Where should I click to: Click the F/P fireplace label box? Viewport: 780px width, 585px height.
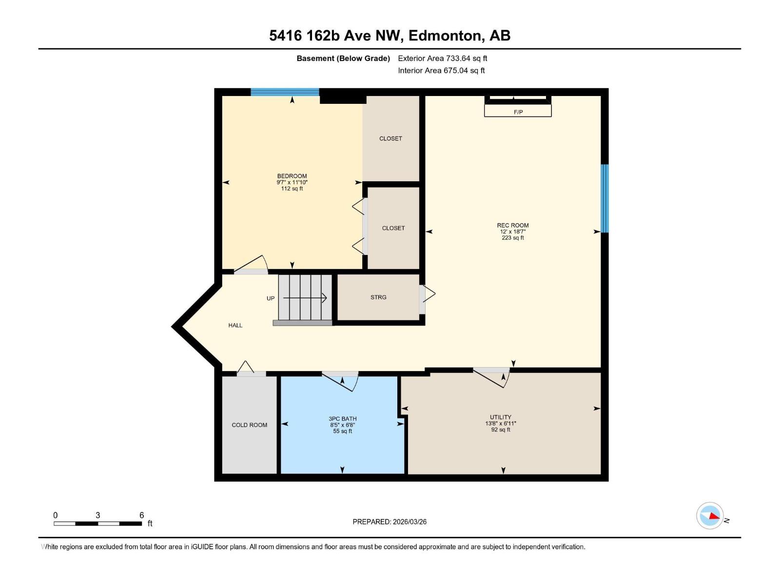[518, 112]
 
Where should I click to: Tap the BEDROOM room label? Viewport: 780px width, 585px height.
[292, 176]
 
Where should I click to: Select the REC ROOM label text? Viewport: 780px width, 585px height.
[513, 225]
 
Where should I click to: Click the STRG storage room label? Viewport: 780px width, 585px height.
[378, 297]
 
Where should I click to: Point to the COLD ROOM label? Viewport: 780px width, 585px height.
[249, 425]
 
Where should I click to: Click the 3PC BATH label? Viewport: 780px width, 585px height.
[342, 419]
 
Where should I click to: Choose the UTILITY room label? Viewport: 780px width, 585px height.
[501, 417]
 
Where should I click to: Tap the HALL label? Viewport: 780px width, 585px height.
[235, 325]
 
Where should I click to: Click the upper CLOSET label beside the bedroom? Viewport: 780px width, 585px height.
[390, 138]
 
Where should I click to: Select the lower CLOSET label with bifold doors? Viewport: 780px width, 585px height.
[393, 228]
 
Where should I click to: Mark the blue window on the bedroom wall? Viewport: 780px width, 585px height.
[285, 92]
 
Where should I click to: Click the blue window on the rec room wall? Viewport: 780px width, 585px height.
[604, 198]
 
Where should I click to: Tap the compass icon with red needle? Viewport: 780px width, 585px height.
[710, 516]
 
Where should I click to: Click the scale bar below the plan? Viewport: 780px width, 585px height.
[97, 524]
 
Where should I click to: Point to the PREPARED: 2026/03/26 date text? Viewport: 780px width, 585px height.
[390, 522]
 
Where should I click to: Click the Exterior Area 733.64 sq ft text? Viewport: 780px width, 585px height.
[442, 58]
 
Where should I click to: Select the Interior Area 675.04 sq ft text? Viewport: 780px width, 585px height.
[441, 71]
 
